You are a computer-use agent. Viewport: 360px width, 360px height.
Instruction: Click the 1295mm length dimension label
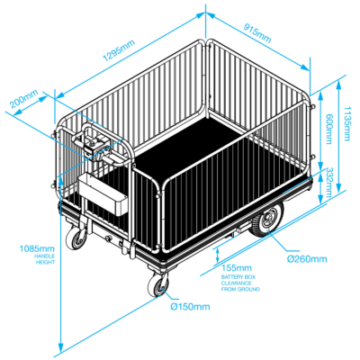point(119,50)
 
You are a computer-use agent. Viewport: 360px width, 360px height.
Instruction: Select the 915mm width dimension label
point(257,33)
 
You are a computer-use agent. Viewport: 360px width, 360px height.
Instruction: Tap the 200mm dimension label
point(24,99)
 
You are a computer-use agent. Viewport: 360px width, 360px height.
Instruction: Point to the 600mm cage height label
point(329,129)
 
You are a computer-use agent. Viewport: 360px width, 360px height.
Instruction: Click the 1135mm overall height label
point(347,123)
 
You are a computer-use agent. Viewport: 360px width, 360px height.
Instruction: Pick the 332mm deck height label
point(328,182)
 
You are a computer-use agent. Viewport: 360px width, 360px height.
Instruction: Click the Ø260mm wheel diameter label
point(307,258)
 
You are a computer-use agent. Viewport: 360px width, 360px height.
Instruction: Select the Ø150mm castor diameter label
point(190,307)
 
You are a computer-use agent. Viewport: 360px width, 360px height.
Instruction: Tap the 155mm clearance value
point(237,267)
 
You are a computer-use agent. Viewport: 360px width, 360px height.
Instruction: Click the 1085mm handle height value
point(37,248)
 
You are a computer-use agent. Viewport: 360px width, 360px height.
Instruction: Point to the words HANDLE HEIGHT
point(45,259)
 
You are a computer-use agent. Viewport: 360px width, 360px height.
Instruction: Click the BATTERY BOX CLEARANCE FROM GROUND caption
point(240,283)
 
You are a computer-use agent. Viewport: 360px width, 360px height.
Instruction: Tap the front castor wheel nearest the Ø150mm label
point(157,285)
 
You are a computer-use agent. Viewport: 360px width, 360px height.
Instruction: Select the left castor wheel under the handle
point(76,239)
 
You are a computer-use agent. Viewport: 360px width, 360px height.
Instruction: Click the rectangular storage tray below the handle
point(103,194)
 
